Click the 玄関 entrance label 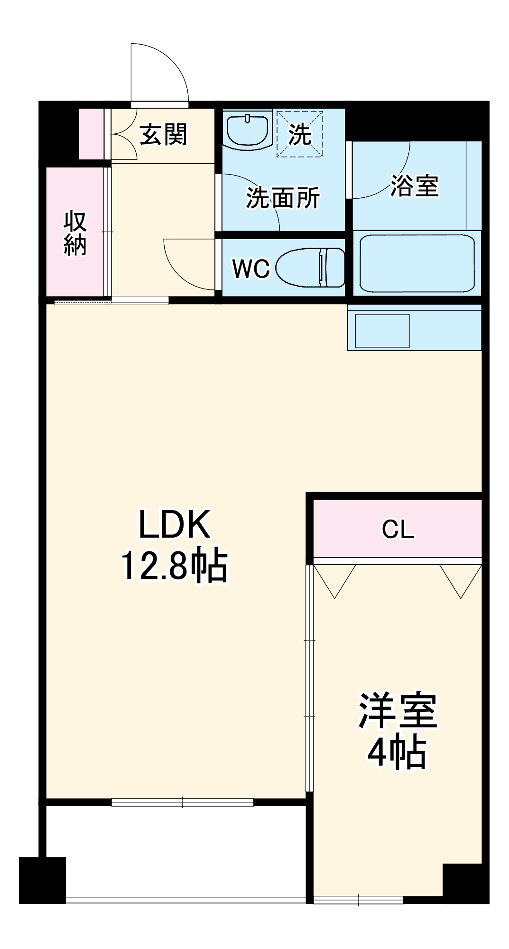163,134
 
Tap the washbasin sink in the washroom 247,130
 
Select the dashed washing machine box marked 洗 300,134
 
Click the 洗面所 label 283,197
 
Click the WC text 250,269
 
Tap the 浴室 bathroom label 414,186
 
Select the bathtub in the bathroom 417,263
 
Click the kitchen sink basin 382,331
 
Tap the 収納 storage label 75,233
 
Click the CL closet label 398,529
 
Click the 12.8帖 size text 174,566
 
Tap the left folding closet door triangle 335,579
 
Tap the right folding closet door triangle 460,579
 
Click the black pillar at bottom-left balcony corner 42,880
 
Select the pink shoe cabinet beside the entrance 91,134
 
